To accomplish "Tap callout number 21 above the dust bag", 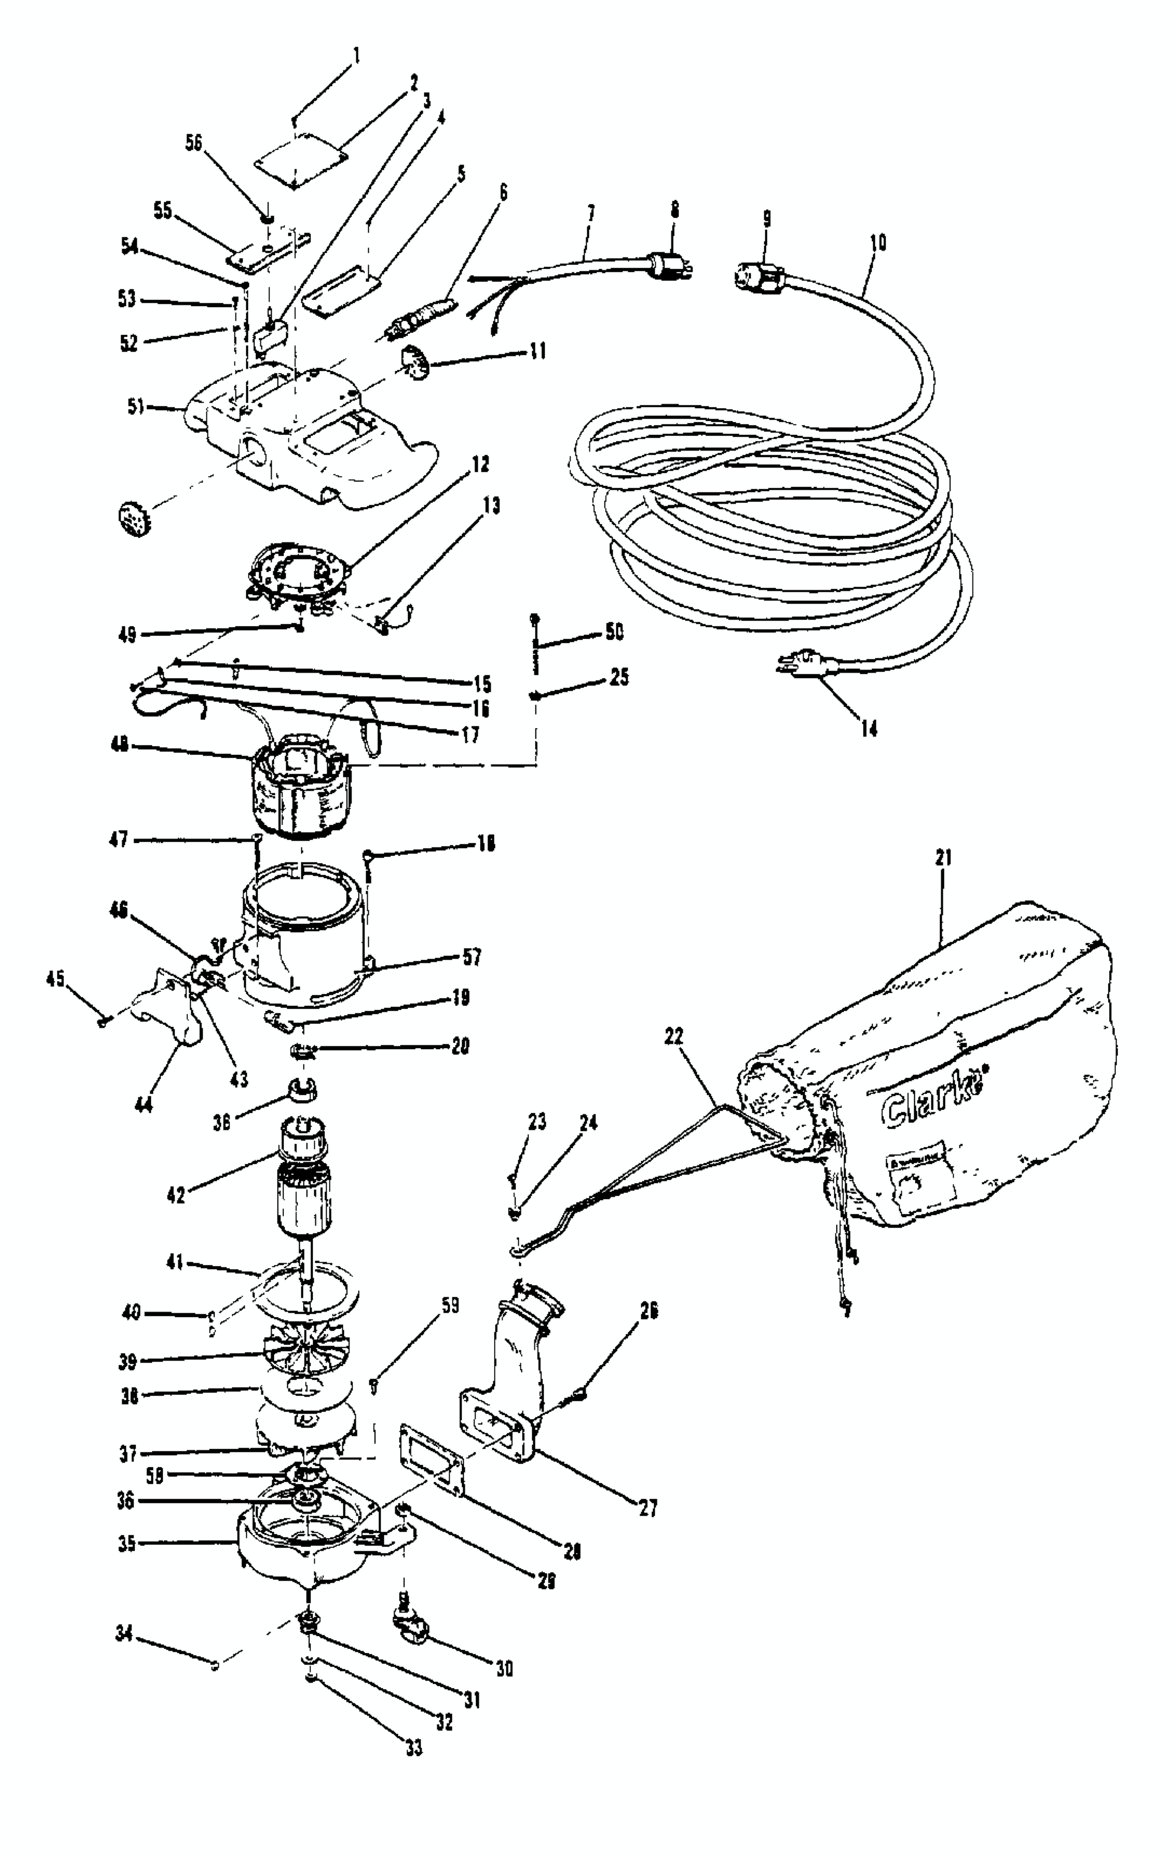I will click(x=944, y=857).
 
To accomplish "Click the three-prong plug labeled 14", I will click(x=801, y=662).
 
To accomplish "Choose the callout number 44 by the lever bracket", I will click(x=144, y=1105).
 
